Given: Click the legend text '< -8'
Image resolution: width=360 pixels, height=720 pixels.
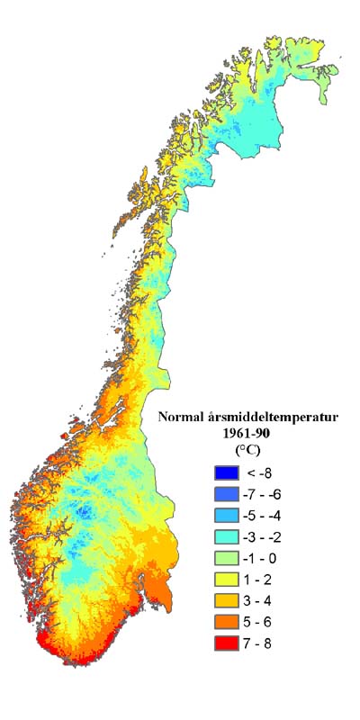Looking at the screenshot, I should tap(261, 472).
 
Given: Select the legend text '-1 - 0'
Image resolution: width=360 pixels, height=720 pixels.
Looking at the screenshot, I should tap(262, 559).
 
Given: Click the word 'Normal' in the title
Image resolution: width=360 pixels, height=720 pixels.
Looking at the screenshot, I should tap(182, 417).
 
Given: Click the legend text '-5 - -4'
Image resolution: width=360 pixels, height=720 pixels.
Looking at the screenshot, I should tap(265, 516).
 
